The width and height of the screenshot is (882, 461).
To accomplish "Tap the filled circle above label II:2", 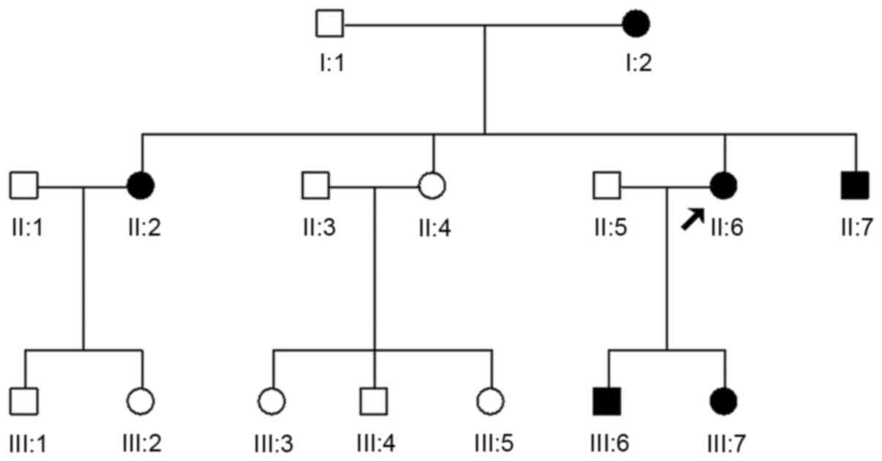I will point(141,185).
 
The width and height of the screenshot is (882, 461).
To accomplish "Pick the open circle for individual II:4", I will point(433,185).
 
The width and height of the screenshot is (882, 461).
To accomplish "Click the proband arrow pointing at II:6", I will point(691,219).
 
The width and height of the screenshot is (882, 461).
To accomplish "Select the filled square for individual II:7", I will point(855,185).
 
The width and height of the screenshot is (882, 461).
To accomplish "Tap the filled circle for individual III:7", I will point(724,400).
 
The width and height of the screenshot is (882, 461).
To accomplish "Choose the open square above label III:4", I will point(375,400).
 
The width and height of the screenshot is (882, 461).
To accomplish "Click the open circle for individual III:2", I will point(141,400).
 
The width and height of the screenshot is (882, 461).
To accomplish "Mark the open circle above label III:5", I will point(491,400).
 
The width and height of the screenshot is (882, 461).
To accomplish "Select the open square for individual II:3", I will point(316,185).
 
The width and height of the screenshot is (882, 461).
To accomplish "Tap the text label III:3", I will point(272,443).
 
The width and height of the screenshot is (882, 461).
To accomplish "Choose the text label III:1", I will point(26,443).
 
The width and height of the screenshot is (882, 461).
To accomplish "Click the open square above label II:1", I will point(24,185).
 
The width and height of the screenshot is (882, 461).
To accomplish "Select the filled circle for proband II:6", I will point(724,185).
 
